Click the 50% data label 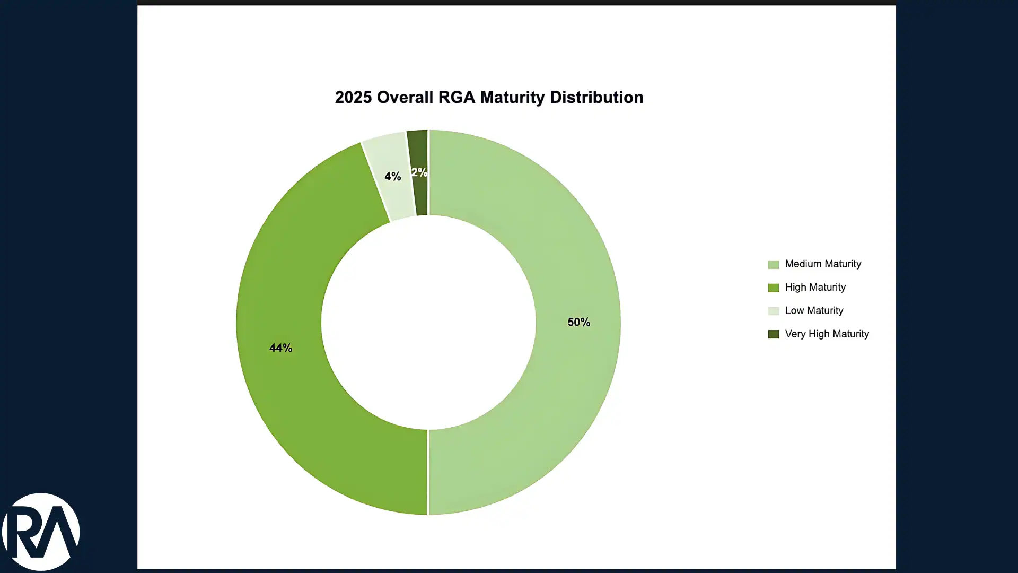[578, 322]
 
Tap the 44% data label [280, 348]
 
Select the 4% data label [392, 176]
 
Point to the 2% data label [419, 172]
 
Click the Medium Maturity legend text [823, 264]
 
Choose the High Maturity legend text [815, 288]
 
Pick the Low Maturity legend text [814, 311]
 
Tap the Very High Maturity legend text [827, 334]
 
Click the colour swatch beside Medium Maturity [774, 265]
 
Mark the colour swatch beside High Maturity [774, 288]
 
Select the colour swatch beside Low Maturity [774, 311]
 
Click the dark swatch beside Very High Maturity [774, 334]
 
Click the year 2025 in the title [353, 98]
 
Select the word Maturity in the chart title [512, 98]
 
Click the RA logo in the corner [41, 532]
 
